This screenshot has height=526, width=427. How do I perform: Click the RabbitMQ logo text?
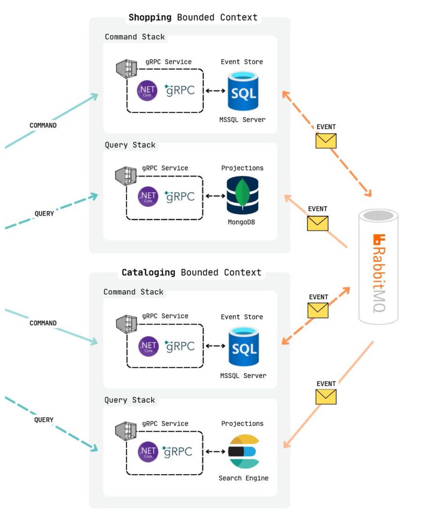click(379, 274)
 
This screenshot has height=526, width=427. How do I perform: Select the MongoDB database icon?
click(242, 195)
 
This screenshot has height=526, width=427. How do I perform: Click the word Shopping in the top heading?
click(150, 18)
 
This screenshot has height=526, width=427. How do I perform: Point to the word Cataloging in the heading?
click(148, 273)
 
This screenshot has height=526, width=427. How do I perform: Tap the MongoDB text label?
click(241, 222)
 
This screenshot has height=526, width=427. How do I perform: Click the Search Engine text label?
click(243, 478)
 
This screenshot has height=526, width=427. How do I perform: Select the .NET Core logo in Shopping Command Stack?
click(147, 91)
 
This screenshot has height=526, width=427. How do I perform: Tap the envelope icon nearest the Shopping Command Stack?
click(326, 141)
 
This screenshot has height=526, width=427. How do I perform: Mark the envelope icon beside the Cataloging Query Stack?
click(326, 397)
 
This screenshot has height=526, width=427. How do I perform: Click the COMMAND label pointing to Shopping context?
click(43, 125)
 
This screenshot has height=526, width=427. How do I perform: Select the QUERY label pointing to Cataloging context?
click(44, 420)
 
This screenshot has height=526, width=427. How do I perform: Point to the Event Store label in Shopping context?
click(242, 62)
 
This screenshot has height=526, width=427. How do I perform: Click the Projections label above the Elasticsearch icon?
click(242, 424)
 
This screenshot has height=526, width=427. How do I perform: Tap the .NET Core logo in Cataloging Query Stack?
click(148, 451)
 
